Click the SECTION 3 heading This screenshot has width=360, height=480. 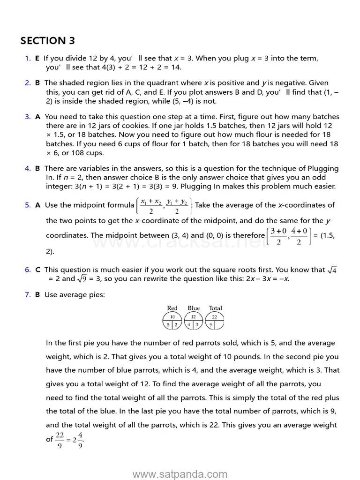[x=47, y=41]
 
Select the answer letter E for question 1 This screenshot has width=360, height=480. [x=37, y=59]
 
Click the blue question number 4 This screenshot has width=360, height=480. [x=27, y=168]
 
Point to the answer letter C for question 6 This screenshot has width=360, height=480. [x=37, y=270]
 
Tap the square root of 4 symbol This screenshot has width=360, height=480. [x=332, y=270]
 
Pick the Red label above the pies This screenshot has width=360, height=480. [x=172, y=308]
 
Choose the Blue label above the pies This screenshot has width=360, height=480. [x=194, y=308]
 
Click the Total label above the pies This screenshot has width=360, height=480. [x=216, y=308]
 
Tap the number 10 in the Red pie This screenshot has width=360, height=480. [x=172, y=317]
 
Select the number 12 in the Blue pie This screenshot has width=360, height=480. [x=194, y=317]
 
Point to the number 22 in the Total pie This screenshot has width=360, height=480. [x=215, y=317]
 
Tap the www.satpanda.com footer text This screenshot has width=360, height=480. [x=180, y=474]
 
